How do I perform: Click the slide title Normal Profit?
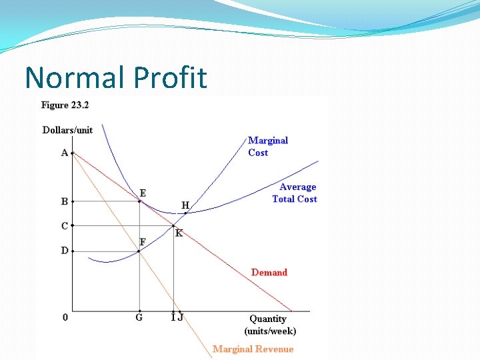[116, 77]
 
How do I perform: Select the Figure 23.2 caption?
[65, 105]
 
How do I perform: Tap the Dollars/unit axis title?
[67, 130]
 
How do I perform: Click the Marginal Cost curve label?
[268, 146]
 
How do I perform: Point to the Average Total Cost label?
[295, 193]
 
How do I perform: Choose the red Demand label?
[269, 272]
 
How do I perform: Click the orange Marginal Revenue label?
[253, 349]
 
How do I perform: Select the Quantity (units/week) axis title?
[270, 325]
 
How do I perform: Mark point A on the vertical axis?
[65, 153]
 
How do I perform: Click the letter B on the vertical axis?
[65, 201]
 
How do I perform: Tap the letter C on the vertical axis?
[65, 226]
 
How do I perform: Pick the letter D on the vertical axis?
[65, 251]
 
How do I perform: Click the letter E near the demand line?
[143, 193]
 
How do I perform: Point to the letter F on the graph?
[143, 241]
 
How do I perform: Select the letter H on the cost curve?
[185, 205]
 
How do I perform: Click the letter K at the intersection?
[179, 233]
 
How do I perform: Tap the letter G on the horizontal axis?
[139, 317]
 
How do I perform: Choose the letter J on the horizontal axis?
[180, 317]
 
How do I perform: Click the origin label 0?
[65, 317]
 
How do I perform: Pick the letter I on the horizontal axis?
[173, 317]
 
